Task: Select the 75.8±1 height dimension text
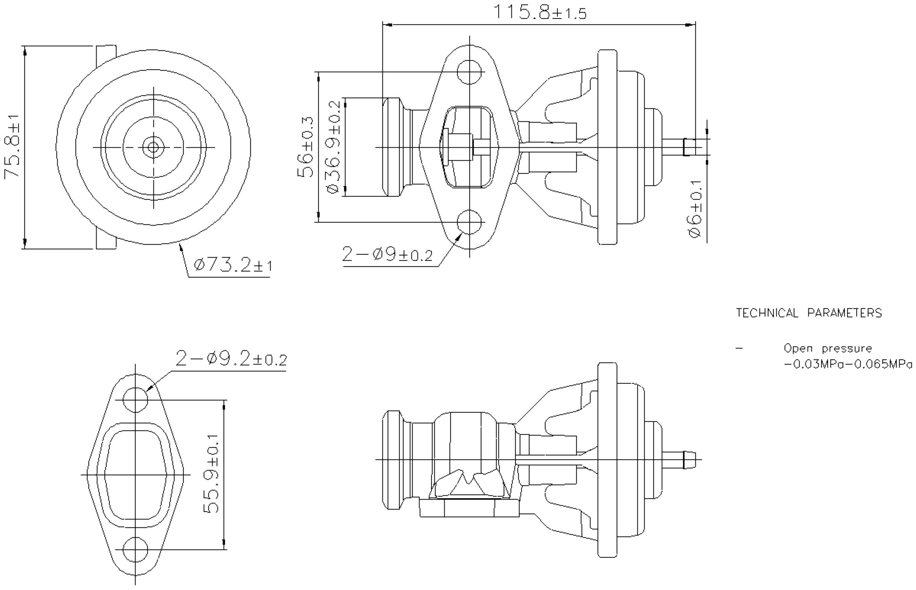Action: point(12,147)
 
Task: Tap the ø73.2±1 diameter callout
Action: point(233,265)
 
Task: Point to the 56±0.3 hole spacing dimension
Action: point(306,147)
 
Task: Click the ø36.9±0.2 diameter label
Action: point(333,147)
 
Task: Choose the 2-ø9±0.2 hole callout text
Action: point(387,255)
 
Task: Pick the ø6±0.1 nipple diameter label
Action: point(695,209)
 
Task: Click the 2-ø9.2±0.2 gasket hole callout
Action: point(231,359)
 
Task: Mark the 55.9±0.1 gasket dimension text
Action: point(211,474)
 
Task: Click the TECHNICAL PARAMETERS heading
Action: point(809,313)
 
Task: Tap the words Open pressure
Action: point(827,349)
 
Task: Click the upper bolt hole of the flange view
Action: point(470,72)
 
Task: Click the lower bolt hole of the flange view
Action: point(470,222)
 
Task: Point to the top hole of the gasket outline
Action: point(135,400)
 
